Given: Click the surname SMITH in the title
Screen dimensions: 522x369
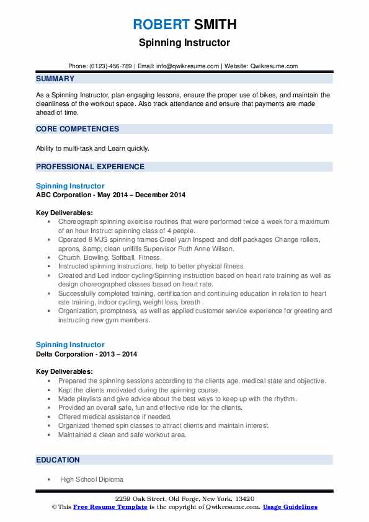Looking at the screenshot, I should pyautogui.click(x=214, y=25).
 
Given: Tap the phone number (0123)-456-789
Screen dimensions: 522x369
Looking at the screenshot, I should pyautogui.click(x=112, y=66).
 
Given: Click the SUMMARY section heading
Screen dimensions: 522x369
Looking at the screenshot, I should pyautogui.click(x=55, y=79).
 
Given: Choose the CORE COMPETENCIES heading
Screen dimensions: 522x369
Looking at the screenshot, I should pyautogui.click(x=78, y=129).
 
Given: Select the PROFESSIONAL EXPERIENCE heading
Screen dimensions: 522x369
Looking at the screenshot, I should pyautogui.click(x=90, y=167).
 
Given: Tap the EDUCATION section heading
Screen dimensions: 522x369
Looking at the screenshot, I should pyautogui.click(x=58, y=460).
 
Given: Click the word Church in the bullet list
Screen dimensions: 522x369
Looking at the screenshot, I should pyautogui.click(x=69, y=257).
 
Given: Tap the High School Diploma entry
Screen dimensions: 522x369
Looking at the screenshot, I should pyautogui.click(x=92, y=479).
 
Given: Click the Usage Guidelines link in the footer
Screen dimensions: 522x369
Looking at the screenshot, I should pyautogui.click(x=290, y=507).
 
